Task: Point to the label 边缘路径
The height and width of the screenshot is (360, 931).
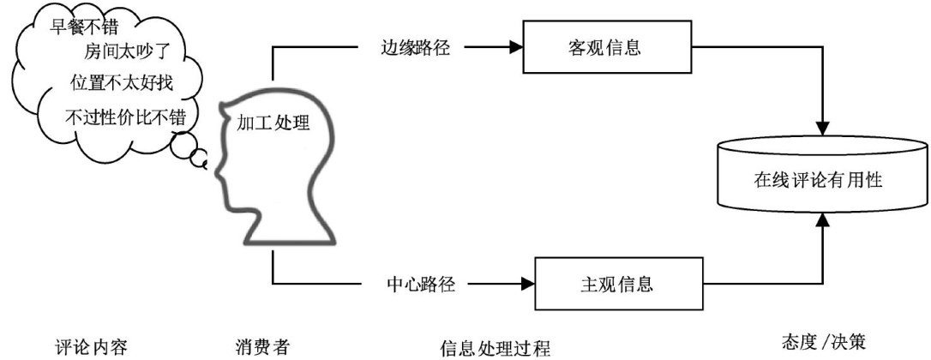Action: click(415, 48)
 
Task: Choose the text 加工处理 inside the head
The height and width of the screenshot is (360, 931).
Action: click(273, 122)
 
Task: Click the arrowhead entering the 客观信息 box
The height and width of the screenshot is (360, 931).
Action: click(515, 48)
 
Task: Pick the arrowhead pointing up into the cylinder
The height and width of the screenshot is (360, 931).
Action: click(823, 220)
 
